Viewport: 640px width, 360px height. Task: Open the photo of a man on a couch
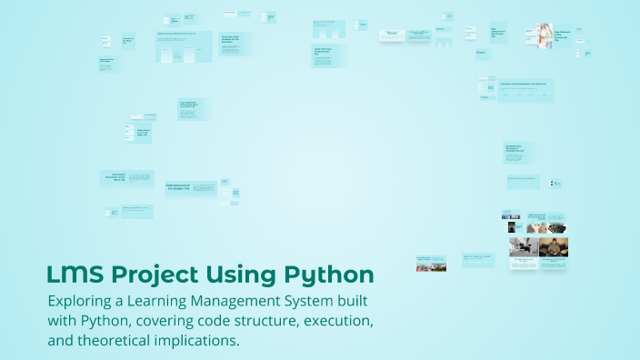point(554,246)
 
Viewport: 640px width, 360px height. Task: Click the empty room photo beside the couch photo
point(524,246)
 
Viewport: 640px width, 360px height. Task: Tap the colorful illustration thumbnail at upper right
point(543,35)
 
